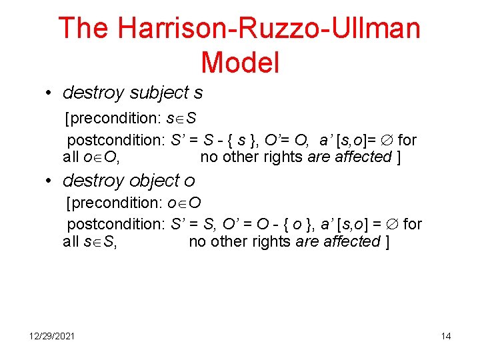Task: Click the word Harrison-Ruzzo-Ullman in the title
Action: [x=269, y=29]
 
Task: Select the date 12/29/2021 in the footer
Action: [x=52, y=336]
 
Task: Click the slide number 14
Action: [x=445, y=336]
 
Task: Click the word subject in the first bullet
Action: [x=158, y=92]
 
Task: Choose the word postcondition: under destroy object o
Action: [x=116, y=224]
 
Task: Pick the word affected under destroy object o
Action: [x=353, y=241]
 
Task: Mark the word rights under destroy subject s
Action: [x=283, y=157]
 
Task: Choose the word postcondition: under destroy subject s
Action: [x=116, y=140]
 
